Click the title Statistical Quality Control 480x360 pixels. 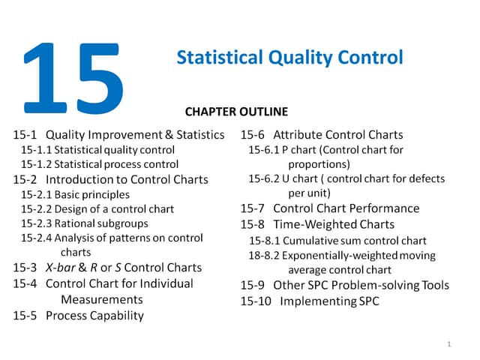[289, 57]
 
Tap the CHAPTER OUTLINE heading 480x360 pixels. [236, 112]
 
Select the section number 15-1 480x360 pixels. [26, 136]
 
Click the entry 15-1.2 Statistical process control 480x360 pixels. [99, 164]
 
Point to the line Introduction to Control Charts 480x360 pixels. [127, 179]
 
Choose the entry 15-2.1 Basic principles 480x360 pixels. [74, 194]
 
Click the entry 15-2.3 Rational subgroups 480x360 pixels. [84, 223]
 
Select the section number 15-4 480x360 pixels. [26, 283]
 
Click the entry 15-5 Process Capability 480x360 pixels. [78, 316]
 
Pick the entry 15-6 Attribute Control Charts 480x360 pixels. [322, 136]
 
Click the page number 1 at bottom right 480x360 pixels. [447, 343]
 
